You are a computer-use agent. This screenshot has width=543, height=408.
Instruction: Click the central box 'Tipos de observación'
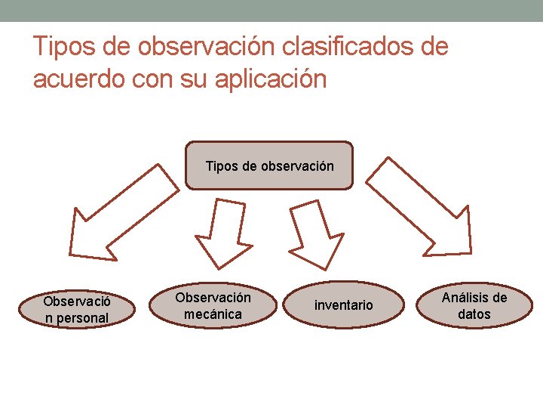tap(268, 165)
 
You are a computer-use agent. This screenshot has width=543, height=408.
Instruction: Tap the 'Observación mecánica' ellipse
tap(213, 305)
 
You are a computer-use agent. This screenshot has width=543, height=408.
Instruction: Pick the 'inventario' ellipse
tap(344, 305)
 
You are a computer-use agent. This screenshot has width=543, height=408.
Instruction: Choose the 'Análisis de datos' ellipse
tap(474, 305)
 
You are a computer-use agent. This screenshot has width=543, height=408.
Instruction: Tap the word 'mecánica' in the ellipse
tap(213, 314)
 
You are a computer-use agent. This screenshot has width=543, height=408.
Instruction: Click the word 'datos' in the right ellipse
tap(474, 314)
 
